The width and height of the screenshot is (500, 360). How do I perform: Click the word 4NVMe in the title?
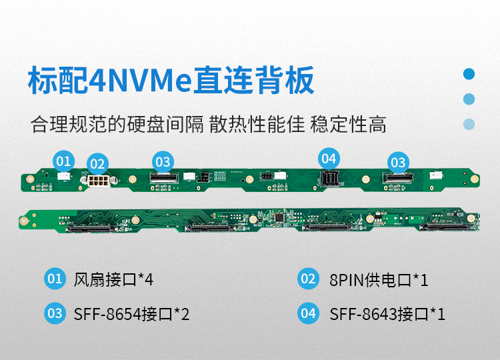(x=141, y=81)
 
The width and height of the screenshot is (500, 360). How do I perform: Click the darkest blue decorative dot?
(x=469, y=74)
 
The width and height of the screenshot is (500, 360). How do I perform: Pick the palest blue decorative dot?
(x=469, y=124)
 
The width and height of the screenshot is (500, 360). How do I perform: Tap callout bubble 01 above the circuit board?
(x=63, y=161)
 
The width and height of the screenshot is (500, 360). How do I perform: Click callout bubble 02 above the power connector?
(x=97, y=163)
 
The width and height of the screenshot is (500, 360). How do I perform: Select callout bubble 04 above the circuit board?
(x=329, y=159)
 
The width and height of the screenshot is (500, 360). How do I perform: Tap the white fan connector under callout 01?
(x=64, y=177)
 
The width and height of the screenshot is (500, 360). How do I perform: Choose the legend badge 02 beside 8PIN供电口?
(x=308, y=279)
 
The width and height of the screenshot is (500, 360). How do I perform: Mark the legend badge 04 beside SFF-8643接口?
(x=308, y=313)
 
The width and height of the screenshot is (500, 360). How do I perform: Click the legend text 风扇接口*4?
(x=114, y=279)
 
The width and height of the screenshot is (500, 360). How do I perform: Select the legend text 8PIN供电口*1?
(x=379, y=279)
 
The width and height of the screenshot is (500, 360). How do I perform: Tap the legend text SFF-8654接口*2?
(x=132, y=314)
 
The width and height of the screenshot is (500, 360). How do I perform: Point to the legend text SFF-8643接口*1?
(x=387, y=314)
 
